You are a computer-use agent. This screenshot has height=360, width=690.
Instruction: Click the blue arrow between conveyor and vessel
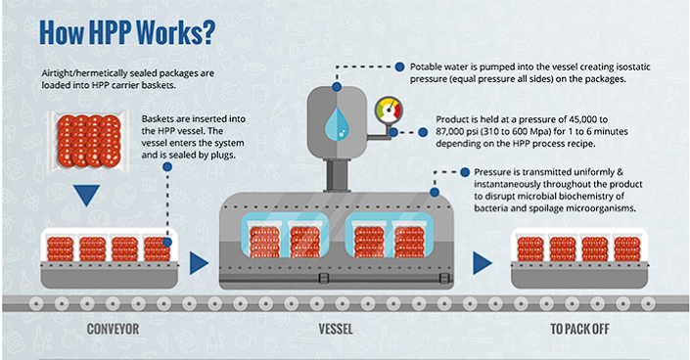199,262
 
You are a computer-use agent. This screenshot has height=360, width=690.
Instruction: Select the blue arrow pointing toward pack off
482,262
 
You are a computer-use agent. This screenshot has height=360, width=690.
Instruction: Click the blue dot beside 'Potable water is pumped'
402,66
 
